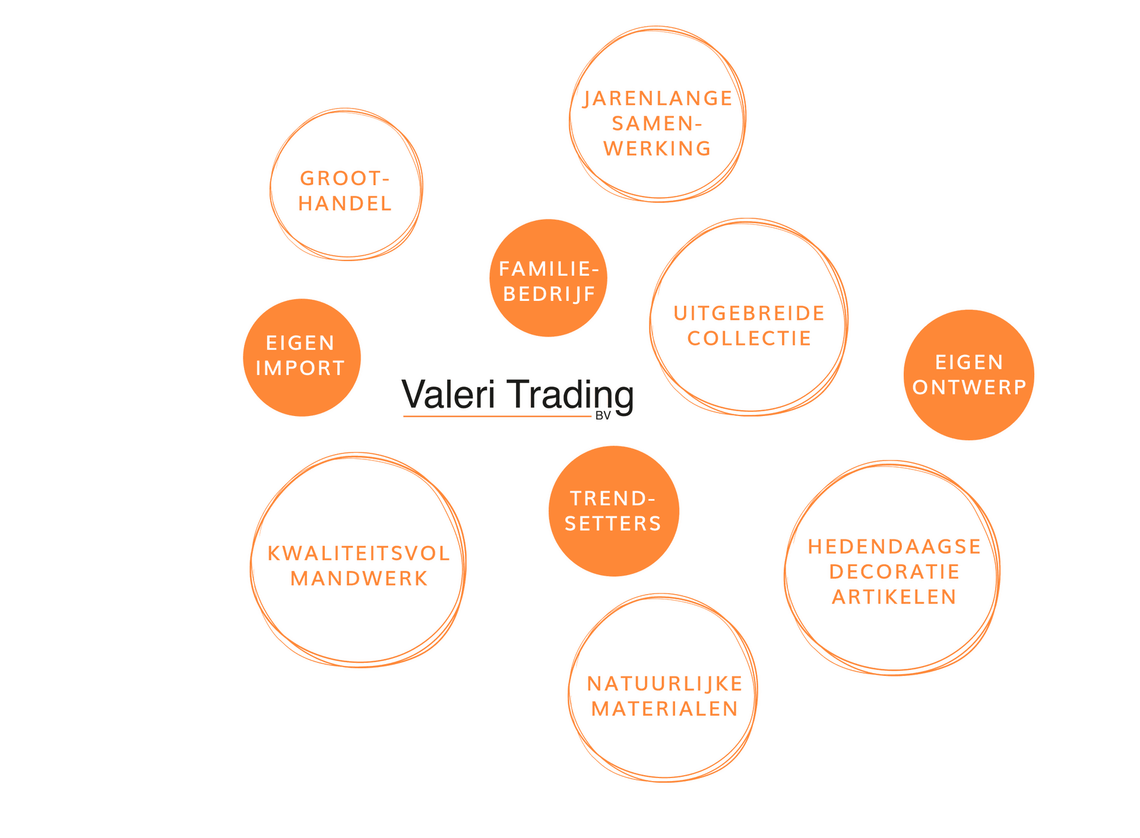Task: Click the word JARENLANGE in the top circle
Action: tap(657, 99)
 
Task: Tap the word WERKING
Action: tap(657, 148)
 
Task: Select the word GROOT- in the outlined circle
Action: tap(344, 178)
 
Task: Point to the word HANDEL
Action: tap(344, 204)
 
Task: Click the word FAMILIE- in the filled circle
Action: tap(548, 269)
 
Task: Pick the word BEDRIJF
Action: tap(549, 294)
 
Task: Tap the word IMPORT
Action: tap(300, 369)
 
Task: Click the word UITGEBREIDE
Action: tap(748, 313)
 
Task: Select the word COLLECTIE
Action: tap(749, 338)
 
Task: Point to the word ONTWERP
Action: tap(969, 388)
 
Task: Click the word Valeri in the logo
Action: tap(448, 394)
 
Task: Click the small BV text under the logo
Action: tap(603, 416)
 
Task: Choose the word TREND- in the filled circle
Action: tap(613, 499)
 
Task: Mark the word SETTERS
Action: tap(613, 523)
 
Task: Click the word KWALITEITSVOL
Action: tap(358, 554)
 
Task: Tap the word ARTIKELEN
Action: tap(894, 597)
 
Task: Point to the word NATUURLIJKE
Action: tap(664, 684)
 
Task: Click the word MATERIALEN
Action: tap(664, 709)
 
